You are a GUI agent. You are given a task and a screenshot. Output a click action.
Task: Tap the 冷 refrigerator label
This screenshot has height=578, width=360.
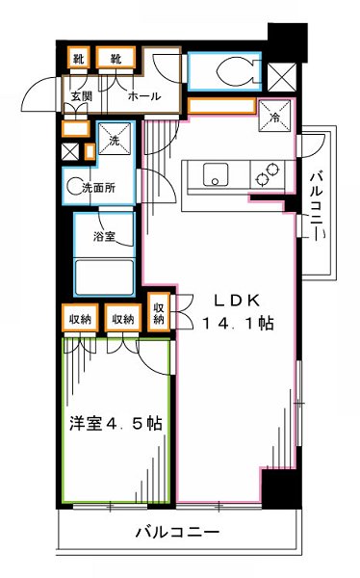274,119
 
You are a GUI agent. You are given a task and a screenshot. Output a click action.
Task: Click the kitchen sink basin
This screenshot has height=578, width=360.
214,175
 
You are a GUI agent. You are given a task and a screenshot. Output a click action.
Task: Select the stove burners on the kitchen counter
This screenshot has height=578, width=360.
266,175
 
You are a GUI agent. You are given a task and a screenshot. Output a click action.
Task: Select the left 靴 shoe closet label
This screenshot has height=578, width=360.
79,60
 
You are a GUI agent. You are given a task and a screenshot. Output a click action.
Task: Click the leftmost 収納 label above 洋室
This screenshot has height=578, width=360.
80,318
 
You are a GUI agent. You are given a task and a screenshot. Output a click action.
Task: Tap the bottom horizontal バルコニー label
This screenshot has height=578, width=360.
177,531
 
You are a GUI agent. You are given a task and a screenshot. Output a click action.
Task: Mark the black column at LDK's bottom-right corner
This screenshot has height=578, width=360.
277,487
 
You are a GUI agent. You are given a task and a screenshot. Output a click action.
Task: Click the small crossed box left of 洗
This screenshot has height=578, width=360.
69,150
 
